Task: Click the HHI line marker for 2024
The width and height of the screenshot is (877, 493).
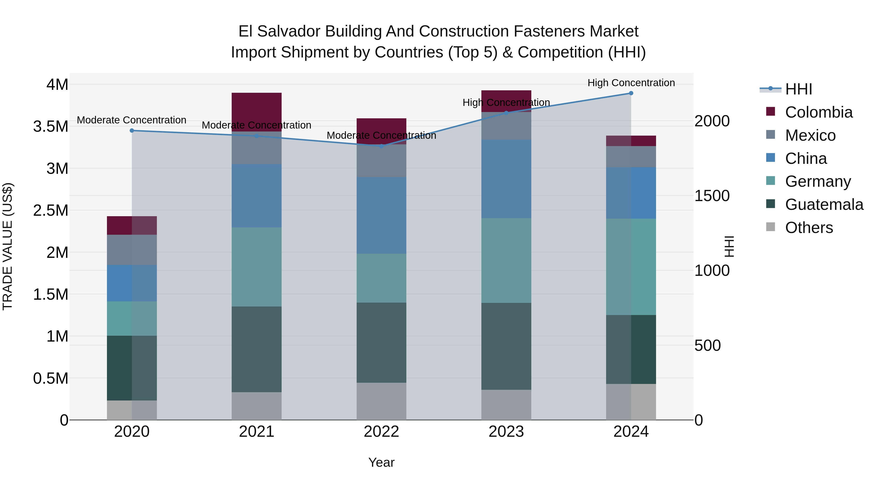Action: click(631, 93)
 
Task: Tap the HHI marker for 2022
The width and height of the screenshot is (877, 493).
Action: click(381, 146)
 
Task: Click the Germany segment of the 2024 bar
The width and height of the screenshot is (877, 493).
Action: click(631, 267)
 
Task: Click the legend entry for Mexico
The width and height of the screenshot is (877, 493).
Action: click(810, 135)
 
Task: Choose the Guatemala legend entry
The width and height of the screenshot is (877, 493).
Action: click(824, 205)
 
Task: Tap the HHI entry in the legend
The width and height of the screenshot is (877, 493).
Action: click(798, 89)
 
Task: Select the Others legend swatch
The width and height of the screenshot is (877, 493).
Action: click(771, 227)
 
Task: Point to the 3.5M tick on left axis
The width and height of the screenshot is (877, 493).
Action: click(50, 127)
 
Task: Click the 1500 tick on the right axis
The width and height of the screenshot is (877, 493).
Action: click(712, 196)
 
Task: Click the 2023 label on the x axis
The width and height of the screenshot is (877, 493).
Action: click(506, 432)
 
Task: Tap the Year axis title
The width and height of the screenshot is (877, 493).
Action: click(381, 462)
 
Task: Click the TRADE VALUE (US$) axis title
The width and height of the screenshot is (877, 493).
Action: click(8, 246)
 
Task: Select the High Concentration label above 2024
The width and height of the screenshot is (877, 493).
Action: click(631, 83)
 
